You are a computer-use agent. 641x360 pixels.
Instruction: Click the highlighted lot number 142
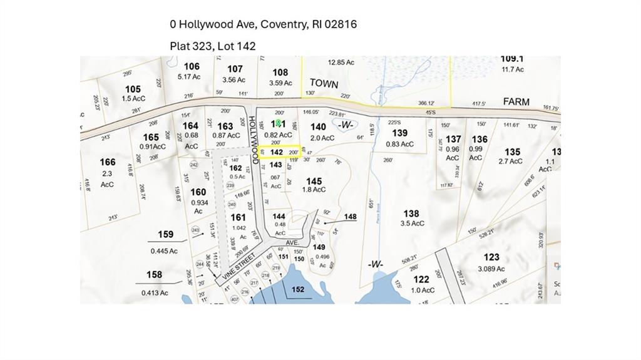coord(277,152)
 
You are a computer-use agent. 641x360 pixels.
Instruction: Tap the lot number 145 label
coord(314,182)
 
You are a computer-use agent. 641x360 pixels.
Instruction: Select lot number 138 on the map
coord(411,214)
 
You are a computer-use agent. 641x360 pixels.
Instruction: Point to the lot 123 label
coord(491,257)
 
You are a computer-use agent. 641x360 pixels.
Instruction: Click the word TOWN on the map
coord(324,84)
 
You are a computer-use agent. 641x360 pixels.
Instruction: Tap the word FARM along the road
coord(516,101)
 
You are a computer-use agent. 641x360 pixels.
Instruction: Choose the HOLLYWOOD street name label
coord(254,139)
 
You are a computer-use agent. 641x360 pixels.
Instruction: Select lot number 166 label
coord(108,162)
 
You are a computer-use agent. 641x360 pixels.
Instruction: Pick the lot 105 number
coord(133,90)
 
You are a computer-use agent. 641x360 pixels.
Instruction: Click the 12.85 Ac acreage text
coord(341,63)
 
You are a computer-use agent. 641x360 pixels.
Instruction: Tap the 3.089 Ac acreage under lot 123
coord(491,269)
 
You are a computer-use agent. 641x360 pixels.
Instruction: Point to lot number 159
coord(165,235)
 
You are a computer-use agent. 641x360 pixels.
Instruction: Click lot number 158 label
coord(154,274)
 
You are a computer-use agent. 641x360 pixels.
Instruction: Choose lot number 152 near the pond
coord(298,289)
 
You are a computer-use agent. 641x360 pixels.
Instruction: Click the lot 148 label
coord(350,217)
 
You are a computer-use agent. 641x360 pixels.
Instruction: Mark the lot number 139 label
coord(399,133)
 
